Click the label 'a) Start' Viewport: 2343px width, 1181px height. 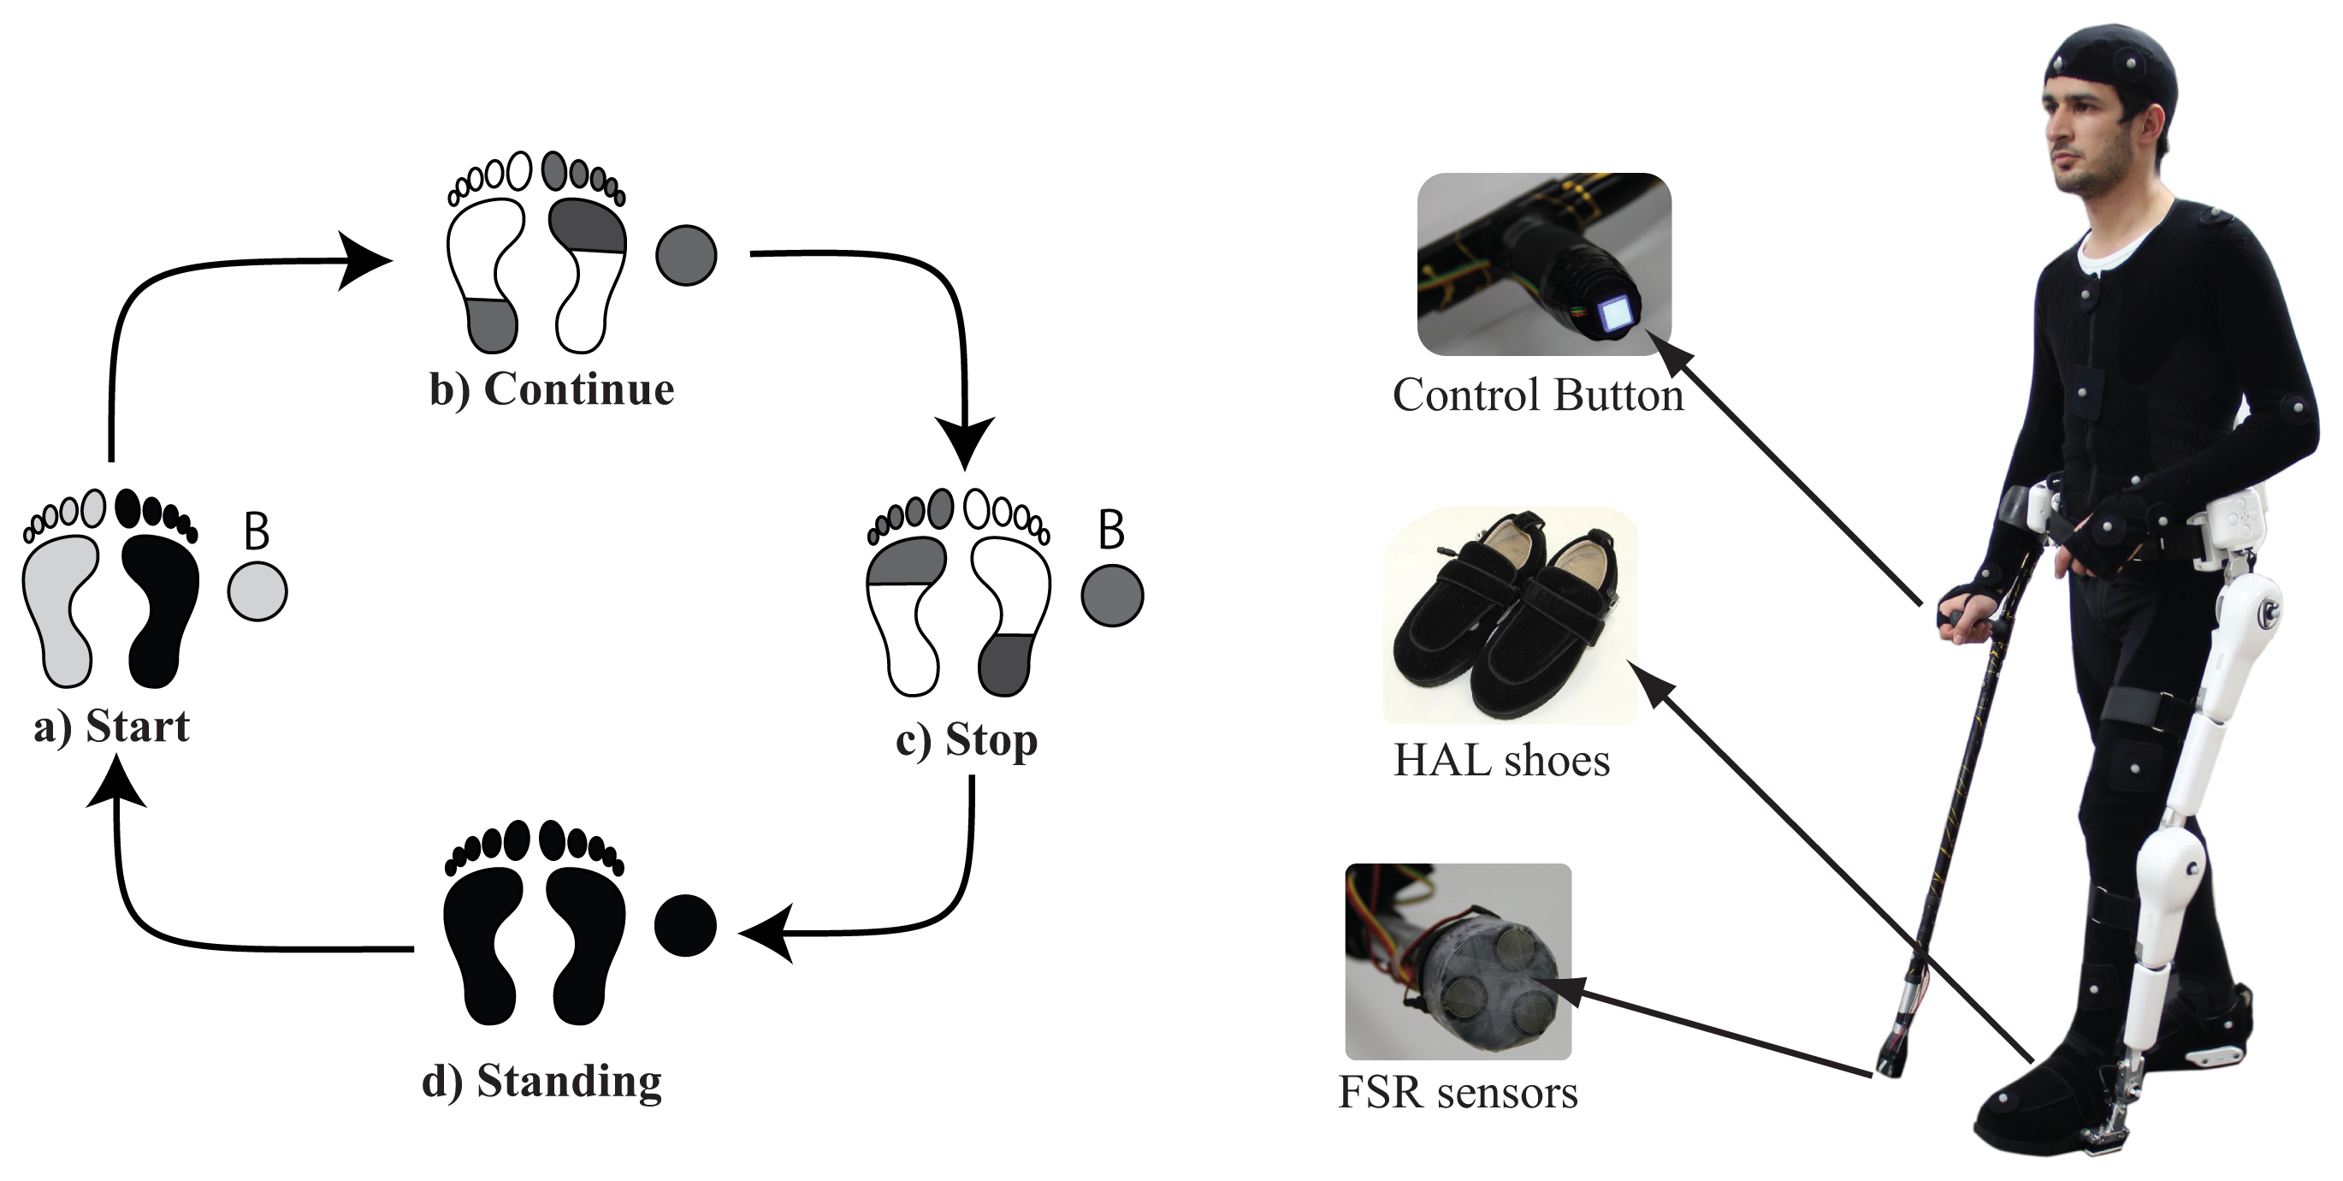(x=112, y=727)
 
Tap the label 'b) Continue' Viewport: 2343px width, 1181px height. (x=552, y=390)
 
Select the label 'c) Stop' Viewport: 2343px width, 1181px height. (x=966, y=739)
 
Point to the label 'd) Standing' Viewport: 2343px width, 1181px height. (x=542, y=1082)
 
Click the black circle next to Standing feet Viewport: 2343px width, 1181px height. (x=685, y=925)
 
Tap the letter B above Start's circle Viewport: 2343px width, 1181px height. (x=257, y=531)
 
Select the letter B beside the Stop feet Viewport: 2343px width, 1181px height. (x=1111, y=530)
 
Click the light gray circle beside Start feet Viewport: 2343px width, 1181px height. (x=257, y=591)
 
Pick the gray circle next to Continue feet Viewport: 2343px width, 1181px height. (x=686, y=255)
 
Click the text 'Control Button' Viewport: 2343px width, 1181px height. (x=1538, y=395)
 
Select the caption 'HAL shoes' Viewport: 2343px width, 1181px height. (x=1500, y=761)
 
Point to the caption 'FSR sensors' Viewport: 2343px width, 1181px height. (x=1458, y=1093)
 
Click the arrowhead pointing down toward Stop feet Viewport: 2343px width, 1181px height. (x=966, y=443)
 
